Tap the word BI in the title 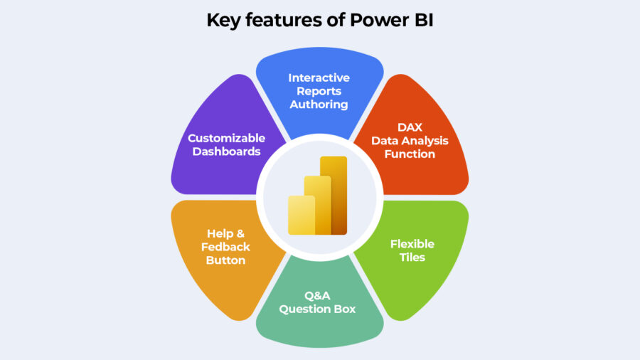(420, 20)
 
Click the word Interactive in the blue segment (319, 78)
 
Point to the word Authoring (319, 104)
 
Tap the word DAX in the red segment (410, 127)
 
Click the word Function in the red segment (410, 153)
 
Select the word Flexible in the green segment (412, 244)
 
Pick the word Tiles (412, 258)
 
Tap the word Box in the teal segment (345, 309)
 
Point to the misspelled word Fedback (226, 246)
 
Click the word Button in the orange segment (226, 260)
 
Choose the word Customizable (226, 138)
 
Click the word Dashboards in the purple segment (226, 152)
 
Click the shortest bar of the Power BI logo (300, 215)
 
